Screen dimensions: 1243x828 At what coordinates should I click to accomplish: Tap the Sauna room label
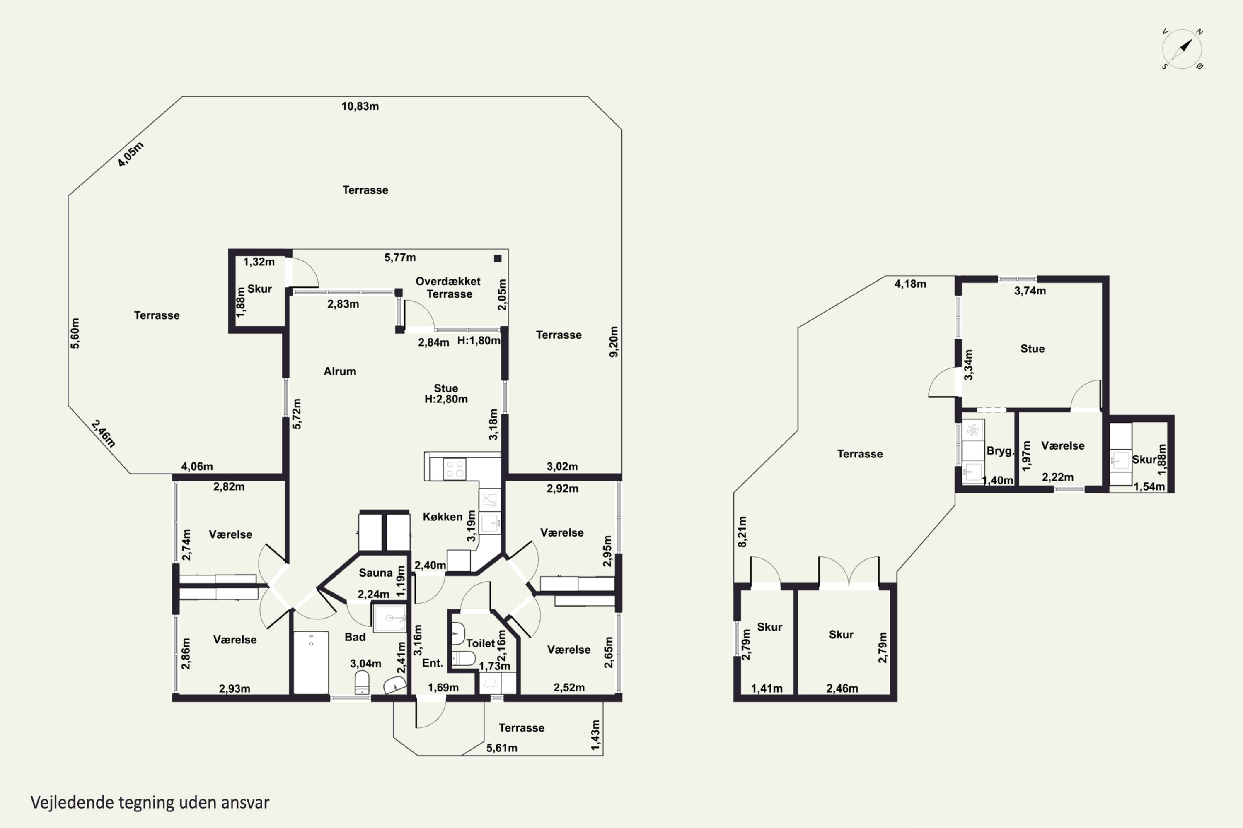pos(375,573)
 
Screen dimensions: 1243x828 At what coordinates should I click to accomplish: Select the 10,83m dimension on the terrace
pos(360,106)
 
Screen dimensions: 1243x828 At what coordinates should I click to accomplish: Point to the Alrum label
pos(340,371)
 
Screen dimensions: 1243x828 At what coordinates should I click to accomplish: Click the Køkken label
pos(443,516)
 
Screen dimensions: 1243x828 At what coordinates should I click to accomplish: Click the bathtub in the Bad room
pos(311,662)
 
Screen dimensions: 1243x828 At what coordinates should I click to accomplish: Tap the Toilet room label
pos(480,643)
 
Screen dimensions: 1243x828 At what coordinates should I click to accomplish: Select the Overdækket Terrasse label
pos(448,288)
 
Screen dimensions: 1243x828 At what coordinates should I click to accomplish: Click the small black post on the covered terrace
pos(497,258)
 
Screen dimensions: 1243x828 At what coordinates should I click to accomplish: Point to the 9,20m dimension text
pos(614,342)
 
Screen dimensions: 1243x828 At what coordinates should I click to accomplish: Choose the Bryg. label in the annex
pos(1000,451)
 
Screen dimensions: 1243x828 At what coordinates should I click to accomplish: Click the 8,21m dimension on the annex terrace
pos(742,532)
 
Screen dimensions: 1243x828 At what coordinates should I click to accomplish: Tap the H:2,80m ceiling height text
pos(446,399)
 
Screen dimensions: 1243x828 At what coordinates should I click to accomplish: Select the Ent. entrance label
pos(432,663)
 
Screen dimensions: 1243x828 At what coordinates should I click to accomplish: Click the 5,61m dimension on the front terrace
pos(501,748)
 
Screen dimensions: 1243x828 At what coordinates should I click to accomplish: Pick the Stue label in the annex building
pos(1032,349)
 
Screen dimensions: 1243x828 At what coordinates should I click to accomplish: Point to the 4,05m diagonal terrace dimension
pos(131,155)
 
